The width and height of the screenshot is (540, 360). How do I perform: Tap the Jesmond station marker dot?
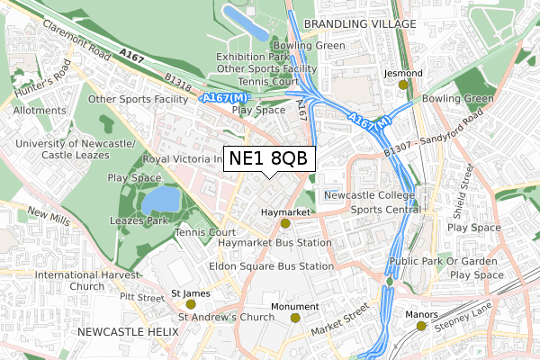point(403,85)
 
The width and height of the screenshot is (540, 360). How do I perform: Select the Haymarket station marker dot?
point(285,223)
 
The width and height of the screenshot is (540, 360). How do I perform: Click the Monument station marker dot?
point(295,318)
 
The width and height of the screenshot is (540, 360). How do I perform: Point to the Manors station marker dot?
point(421,326)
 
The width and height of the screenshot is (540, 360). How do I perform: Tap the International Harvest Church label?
point(88,281)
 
